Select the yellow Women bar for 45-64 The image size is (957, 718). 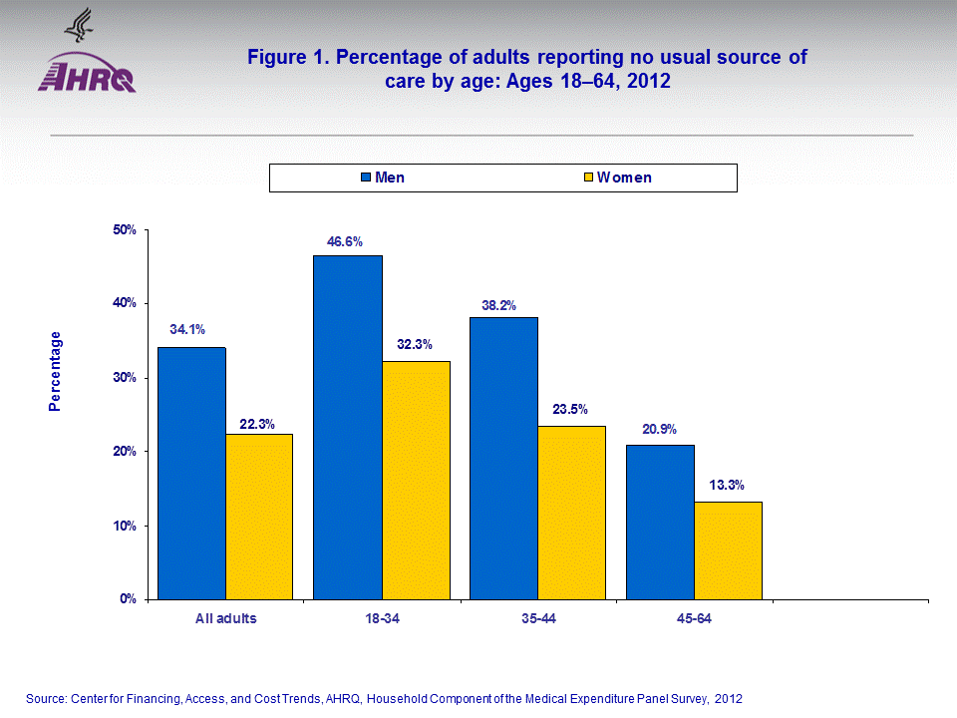point(728,549)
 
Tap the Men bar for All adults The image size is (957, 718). point(191,473)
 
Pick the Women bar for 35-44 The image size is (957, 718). point(571,512)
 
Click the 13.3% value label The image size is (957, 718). point(727,487)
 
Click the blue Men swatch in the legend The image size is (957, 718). point(366,179)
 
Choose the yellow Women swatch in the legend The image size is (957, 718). point(589,179)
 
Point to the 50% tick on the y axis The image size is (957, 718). point(126,230)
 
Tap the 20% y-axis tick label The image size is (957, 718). point(126,452)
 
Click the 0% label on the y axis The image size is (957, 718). point(130,599)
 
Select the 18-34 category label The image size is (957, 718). point(382,618)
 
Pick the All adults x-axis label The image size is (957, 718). point(225,618)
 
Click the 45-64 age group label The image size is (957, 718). point(694,618)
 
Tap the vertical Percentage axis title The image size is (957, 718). point(56,371)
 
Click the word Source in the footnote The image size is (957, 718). point(48,699)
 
